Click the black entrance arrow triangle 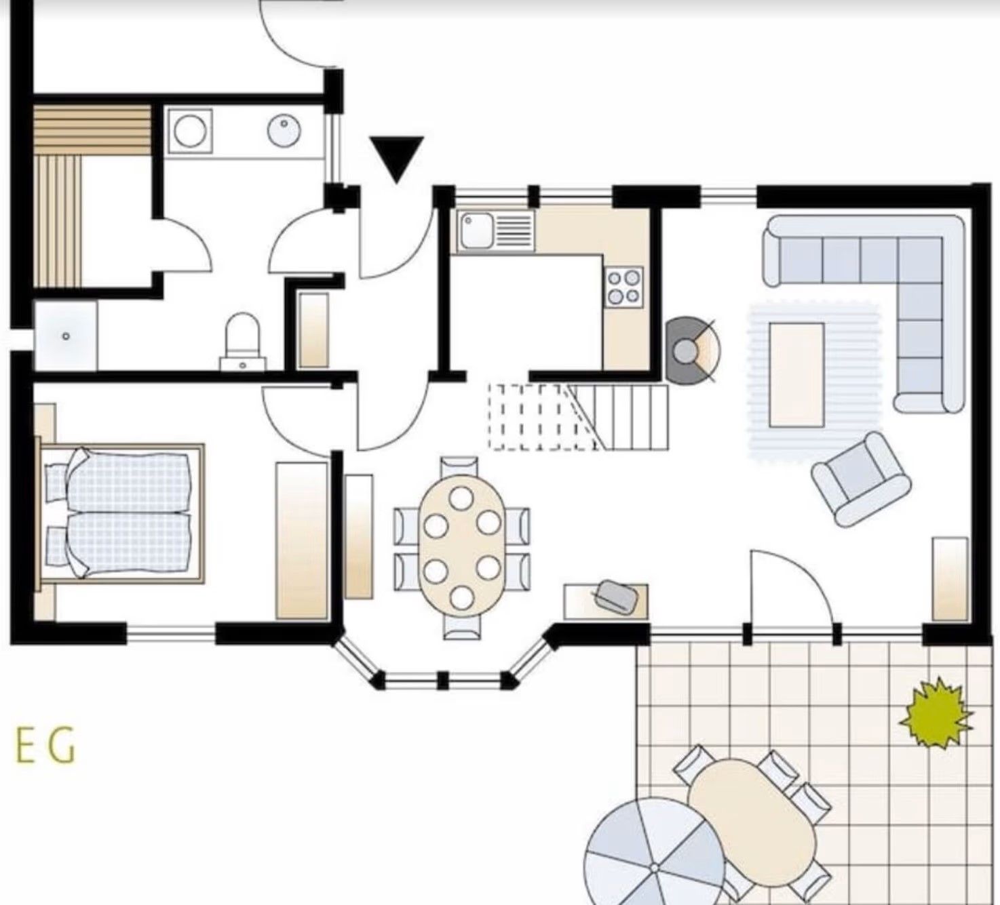397,158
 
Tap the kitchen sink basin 476,231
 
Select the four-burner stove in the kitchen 625,287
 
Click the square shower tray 65,336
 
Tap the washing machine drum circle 190,131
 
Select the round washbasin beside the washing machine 284,131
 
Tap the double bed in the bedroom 121,513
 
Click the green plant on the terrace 936,719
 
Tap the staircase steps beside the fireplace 578,417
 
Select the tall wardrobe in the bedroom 302,541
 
